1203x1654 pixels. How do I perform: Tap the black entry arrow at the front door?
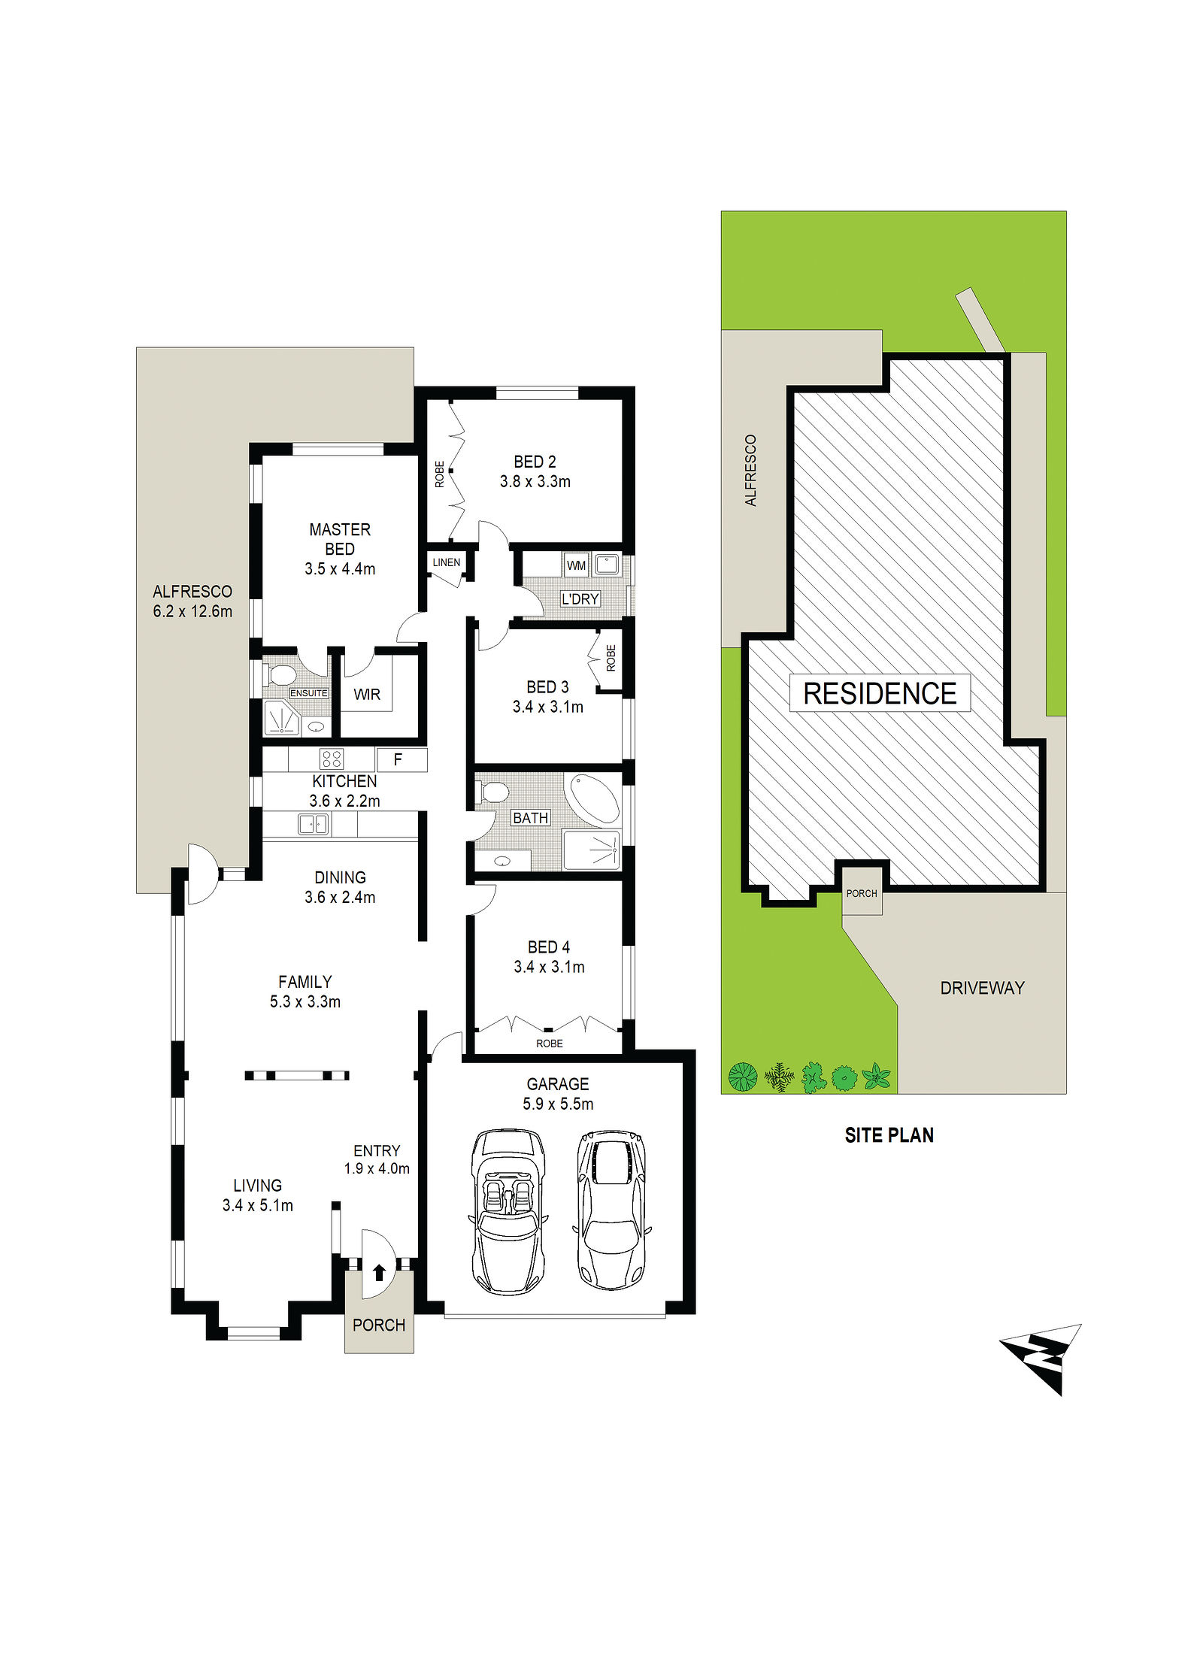click(x=379, y=1273)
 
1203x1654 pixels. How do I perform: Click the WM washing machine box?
click(x=576, y=565)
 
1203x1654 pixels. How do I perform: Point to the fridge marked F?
click(x=398, y=759)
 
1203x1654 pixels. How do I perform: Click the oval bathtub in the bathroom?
click(x=595, y=798)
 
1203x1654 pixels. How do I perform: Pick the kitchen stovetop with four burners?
click(x=332, y=759)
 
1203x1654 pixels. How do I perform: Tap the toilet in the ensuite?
click(x=280, y=674)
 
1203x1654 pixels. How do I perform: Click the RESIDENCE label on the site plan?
click(x=880, y=693)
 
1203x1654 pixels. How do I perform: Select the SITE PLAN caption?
click(x=889, y=1135)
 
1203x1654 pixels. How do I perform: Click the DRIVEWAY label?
click(x=982, y=988)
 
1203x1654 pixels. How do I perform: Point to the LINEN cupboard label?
click(x=447, y=562)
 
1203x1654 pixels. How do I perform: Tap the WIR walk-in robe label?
click(x=367, y=695)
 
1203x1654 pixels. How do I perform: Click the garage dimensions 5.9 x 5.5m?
click(x=558, y=1104)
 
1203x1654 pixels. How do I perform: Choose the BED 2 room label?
click(x=535, y=462)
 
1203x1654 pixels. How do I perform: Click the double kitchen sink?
click(x=314, y=824)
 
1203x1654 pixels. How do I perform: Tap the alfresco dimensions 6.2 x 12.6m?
click(x=192, y=611)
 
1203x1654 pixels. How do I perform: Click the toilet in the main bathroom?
click(x=492, y=792)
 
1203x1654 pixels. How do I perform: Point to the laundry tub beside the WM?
click(x=607, y=565)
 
